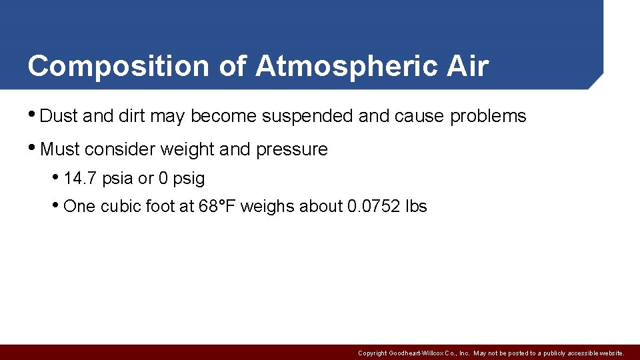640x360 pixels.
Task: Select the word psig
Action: [x=189, y=179]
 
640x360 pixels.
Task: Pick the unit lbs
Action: [x=416, y=207]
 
